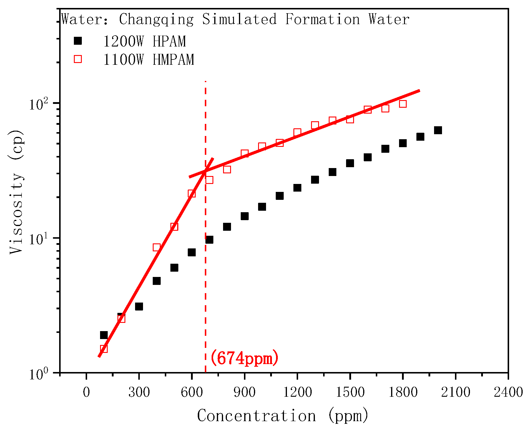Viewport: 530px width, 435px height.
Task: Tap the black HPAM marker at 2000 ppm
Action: [x=438, y=130]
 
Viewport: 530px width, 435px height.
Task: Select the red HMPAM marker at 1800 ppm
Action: [x=403, y=104]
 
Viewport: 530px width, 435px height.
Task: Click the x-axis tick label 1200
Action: [x=297, y=392]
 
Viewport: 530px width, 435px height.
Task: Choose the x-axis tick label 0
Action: [x=86, y=392]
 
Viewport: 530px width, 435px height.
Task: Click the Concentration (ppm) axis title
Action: [x=283, y=416]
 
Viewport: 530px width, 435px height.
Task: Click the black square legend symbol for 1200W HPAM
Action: [x=78, y=41]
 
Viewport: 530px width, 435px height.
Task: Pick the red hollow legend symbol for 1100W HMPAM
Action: [x=78, y=59]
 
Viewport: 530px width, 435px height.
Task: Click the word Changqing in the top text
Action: [x=156, y=19]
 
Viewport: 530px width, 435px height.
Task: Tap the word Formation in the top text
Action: [x=322, y=19]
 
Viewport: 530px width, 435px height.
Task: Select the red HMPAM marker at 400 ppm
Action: [x=157, y=247]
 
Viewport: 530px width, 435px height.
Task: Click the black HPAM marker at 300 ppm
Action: [x=139, y=306]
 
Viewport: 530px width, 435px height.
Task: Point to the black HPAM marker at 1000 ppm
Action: [x=262, y=207]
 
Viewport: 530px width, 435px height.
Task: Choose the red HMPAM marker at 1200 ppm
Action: [x=297, y=132]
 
